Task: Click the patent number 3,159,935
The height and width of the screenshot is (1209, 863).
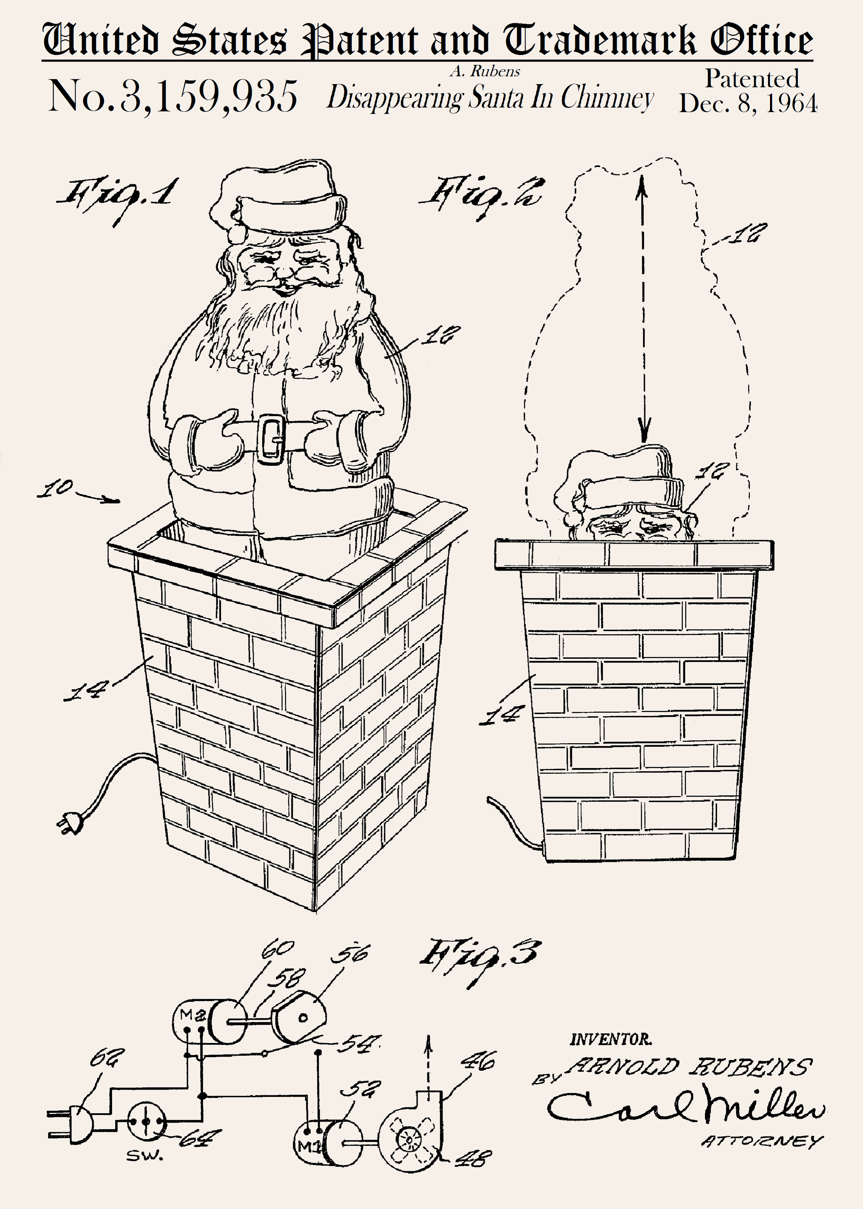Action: tap(208, 96)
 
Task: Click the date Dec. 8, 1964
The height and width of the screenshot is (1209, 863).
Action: tap(748, 103)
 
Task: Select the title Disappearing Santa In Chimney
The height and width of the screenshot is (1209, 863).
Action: tap(490, 97)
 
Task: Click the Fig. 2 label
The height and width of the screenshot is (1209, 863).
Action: tap(481, 197)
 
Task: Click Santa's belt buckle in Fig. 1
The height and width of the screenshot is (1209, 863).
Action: tap(272, 439)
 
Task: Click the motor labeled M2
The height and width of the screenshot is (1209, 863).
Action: tap(210, 1022)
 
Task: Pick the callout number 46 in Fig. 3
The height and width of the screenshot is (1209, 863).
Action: tap(478, 1061)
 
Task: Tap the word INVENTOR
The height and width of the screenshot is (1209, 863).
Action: tap(611, 1039)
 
